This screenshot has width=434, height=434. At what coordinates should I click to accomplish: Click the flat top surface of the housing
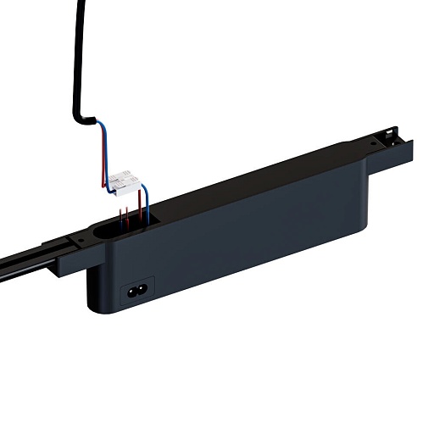[254, 192]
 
